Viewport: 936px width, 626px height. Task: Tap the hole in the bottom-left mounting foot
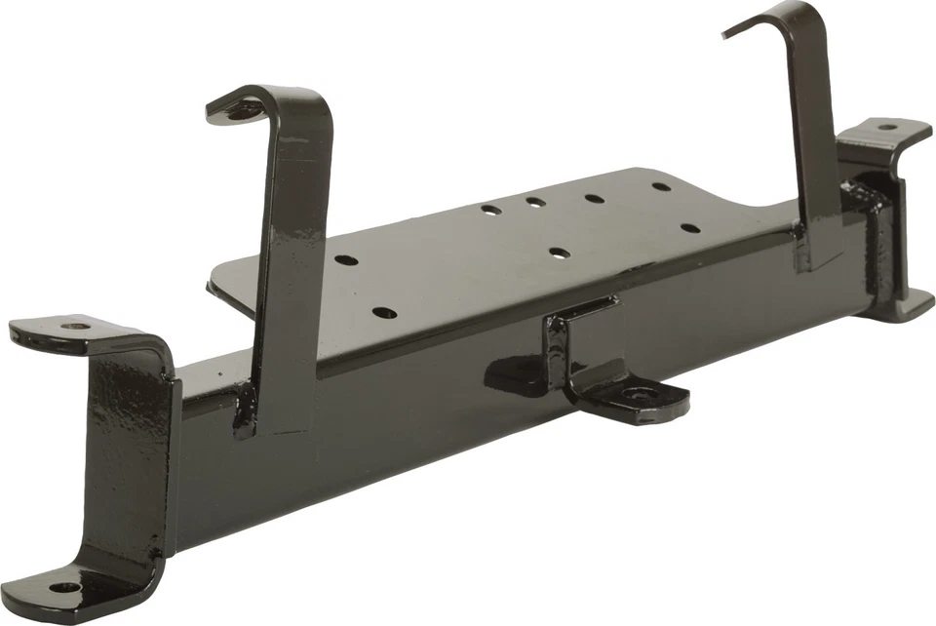pos(63,588)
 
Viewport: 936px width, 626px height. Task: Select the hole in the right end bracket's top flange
pos(885,127)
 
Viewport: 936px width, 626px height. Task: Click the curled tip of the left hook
pos(223,109)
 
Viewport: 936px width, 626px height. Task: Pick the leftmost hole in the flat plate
pos(344,260)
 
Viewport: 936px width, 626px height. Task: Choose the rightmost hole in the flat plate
pos(690,229)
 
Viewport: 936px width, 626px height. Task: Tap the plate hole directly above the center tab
pos(559,253)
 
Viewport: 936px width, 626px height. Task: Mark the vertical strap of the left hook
pos(288,263)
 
